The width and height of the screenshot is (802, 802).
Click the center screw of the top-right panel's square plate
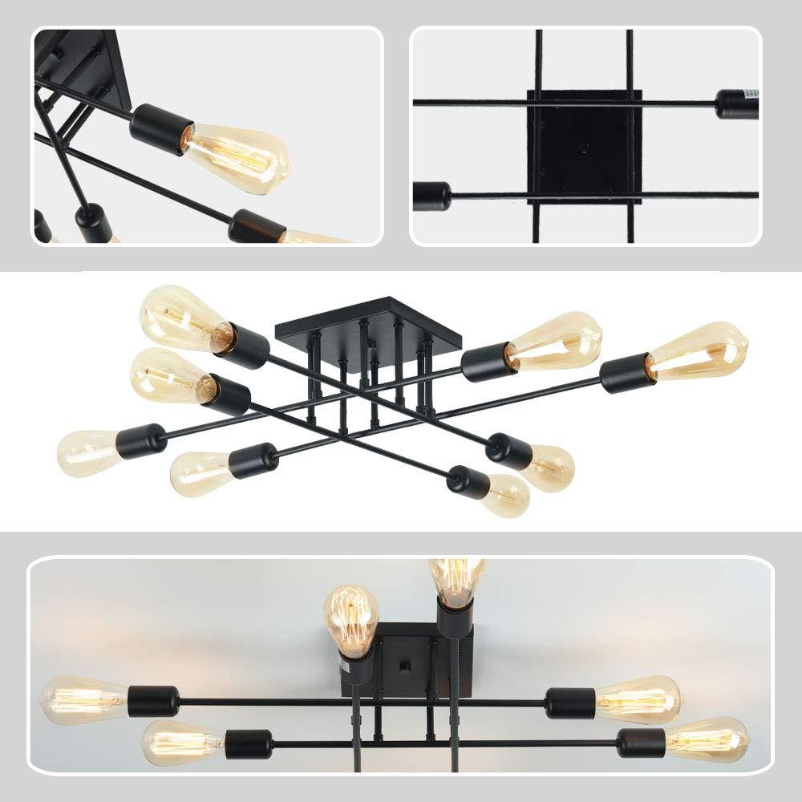(584, 147)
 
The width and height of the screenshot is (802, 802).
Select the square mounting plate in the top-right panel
(584, 147)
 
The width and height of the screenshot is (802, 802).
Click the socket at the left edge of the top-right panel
(431, 195)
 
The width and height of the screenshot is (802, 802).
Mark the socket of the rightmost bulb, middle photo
(625, 374)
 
